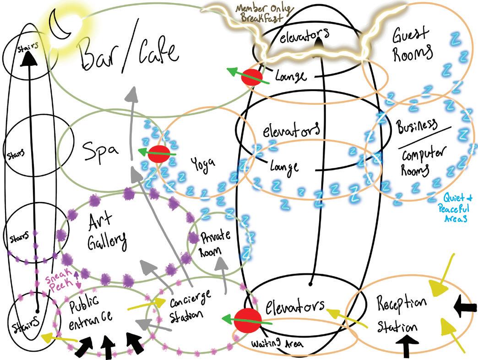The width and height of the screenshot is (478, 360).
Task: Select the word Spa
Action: (101, 148)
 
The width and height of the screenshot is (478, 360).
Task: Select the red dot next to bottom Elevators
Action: (248, 319)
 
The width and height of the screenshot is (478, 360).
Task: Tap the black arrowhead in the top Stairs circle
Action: (29, 57)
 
